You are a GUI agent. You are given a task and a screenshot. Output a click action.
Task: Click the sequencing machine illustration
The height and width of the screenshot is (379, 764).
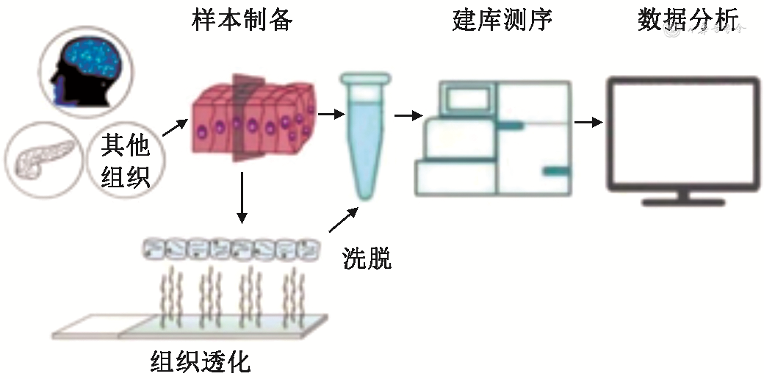coord(493,138)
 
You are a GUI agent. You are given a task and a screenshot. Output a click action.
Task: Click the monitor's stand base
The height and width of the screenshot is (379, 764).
coord(683,198)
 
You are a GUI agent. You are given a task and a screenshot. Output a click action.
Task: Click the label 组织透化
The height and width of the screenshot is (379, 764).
coord(201,361)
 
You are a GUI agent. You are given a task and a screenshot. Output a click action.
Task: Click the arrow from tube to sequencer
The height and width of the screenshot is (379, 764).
coord(408,115)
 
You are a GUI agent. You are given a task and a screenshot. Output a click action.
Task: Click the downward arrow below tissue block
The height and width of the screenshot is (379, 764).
coord(241,198)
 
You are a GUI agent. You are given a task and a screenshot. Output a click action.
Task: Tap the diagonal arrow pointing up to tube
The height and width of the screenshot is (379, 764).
coord(344,219)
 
